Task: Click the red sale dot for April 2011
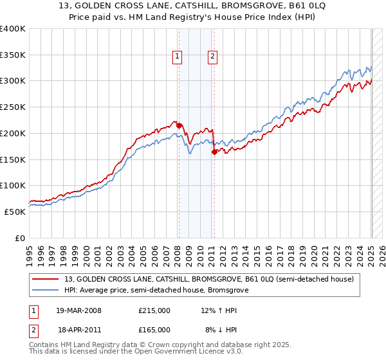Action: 214,152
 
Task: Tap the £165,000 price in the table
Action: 154,329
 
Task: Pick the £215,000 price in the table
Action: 154,310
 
